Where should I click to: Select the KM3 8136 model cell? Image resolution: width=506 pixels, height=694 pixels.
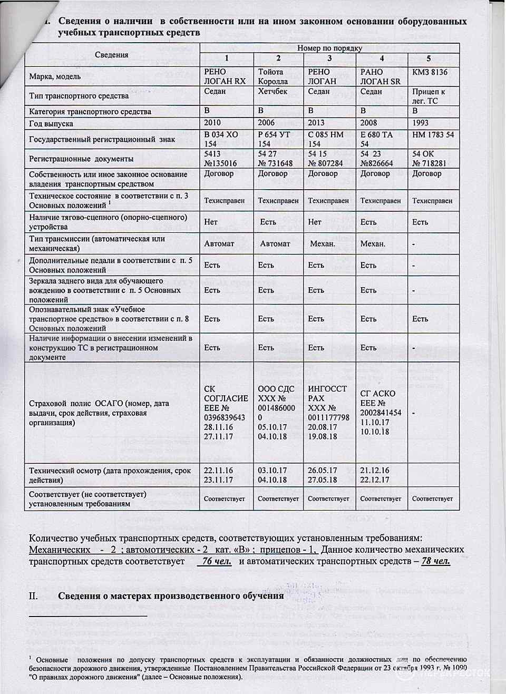click(x=430, y=72)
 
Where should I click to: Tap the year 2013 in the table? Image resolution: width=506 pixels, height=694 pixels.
click(x=317, y=123)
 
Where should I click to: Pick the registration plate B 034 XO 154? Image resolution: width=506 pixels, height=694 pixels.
click(x=221, y=139)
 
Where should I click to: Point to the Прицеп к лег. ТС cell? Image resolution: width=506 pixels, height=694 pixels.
click(x=429, y=96)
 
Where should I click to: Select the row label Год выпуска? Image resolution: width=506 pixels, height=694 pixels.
click(x=51, y=124)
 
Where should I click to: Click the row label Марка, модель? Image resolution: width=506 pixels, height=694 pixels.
click(x=55, y=76)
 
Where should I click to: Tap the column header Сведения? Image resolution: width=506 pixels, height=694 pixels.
click(x=112, y=55)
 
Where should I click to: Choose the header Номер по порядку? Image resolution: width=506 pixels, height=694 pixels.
click(x=329, y=48)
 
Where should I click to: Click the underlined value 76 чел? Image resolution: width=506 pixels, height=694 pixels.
click(x=217, y=561)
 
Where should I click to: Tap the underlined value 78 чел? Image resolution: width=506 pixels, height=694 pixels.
click(x=435, y=561)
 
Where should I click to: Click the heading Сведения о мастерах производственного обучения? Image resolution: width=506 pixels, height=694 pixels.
click(x=171, y=596)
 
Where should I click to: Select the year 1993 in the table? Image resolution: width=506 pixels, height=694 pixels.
click(x=421, y=123)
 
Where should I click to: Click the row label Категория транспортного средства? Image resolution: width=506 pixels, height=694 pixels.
click(x=90, y=112)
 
